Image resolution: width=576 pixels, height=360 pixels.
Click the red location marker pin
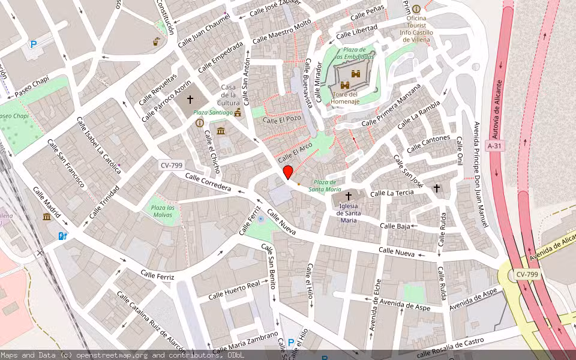point(288,172)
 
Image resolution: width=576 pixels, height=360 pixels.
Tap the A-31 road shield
point(494,146)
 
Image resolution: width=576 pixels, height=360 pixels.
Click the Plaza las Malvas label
point(163,211)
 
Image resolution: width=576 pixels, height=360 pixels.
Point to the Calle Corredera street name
point(208,182)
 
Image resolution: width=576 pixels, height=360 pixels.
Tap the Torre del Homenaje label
point(345,98)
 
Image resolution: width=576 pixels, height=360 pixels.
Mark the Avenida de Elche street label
point(375,306)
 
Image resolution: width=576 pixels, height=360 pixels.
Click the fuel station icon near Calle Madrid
point(62,236)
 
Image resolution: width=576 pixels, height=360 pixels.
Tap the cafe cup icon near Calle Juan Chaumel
point(157,41)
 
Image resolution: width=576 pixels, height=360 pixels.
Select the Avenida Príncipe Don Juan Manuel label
point(480,174)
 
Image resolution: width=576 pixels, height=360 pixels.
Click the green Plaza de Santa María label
point(325,185)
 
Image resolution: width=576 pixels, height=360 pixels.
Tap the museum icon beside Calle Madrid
point(47,217)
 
